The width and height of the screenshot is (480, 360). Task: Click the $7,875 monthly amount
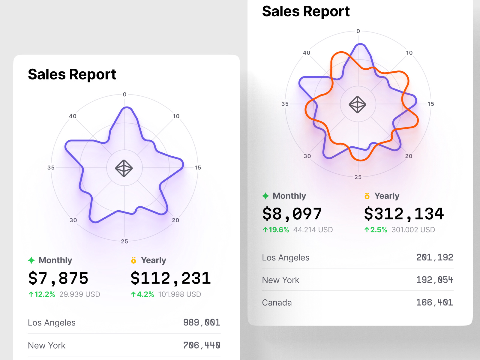pos(58,278)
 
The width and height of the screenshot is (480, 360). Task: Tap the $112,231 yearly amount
pos(171,278)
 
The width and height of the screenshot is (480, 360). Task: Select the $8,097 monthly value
pos(292,214)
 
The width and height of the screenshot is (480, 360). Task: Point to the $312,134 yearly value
pos(404,214)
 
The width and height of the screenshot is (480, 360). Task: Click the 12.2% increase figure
pos(42,294)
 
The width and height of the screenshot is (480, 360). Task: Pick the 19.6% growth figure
pos(276,230)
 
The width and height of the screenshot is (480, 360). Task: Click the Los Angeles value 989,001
pos(202,322)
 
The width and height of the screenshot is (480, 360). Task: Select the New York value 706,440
pos(202,345)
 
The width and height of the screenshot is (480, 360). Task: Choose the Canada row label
pos(277,302)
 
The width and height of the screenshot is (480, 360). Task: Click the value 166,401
pos(434,302)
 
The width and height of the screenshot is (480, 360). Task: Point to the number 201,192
pos(434,257)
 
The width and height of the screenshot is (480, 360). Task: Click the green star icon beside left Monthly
pos(31,260)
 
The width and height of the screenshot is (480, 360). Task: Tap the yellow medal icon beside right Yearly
pos(367,196)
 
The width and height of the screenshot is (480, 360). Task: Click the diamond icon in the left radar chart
pos(124,168)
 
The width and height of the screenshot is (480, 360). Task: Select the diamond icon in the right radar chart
pos(357,105)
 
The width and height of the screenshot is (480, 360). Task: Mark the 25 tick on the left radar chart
pos(124,241)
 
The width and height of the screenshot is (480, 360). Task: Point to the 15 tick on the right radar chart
pos(431,104)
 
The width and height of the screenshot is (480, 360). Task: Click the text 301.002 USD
pos(413,230)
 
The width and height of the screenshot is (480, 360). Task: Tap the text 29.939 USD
pos(80,294)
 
